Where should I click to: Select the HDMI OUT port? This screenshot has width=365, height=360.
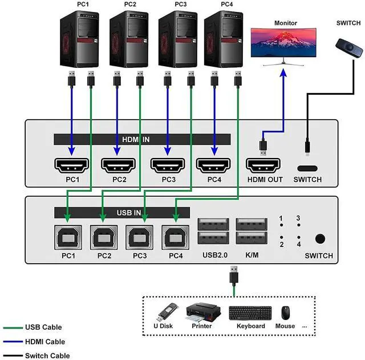263,165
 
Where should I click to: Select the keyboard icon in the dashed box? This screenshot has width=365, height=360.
250,313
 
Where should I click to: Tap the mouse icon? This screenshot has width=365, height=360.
285,313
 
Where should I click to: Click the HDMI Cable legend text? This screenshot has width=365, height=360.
45,342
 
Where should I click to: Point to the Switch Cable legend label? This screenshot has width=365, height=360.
47,356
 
